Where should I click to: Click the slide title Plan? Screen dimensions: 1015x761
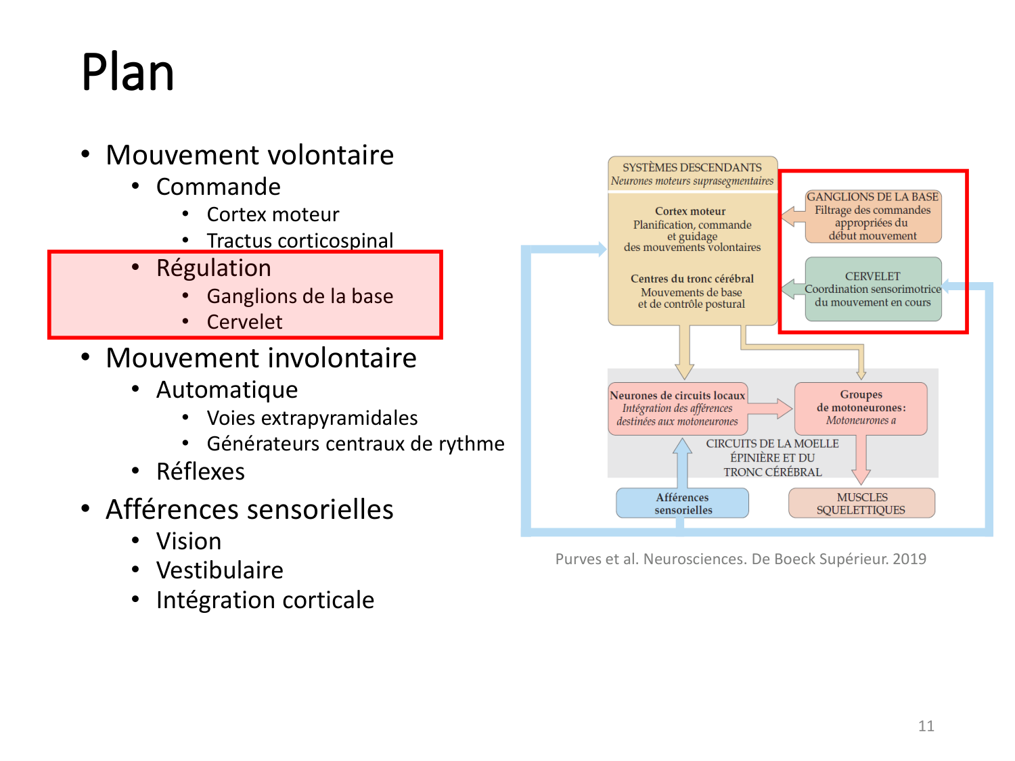tap(128, 72)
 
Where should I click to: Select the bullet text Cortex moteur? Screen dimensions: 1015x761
tap(273, 214)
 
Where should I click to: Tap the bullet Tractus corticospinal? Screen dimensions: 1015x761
tap(300, 241)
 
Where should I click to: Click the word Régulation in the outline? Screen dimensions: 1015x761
tap(214, 268)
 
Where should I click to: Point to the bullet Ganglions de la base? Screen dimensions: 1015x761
tap(300, 296)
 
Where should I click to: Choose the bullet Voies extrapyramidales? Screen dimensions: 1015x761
tap(312, 418)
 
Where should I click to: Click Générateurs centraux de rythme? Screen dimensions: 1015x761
tap(356, 444)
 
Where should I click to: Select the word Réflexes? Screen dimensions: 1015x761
tap(200, 471)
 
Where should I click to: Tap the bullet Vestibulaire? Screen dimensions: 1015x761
tap(220, 570)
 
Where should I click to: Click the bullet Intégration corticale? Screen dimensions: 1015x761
tap(265, 600)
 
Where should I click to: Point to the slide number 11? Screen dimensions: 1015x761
tap(926, 726)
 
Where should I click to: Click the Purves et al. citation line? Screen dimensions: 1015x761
tap(741, 559)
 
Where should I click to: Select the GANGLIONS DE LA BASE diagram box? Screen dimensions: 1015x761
tap(873, 216)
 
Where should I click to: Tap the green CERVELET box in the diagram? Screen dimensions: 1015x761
tap(873, 290)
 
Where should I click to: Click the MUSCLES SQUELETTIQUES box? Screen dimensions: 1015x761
tap(861, 503)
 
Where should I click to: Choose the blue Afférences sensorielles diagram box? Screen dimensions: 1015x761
tap(682, 503)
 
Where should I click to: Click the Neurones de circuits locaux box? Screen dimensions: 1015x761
tap(677, 409)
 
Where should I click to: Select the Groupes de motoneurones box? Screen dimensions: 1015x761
tap(861, 409)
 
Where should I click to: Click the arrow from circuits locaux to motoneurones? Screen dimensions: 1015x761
tap(770, 409)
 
